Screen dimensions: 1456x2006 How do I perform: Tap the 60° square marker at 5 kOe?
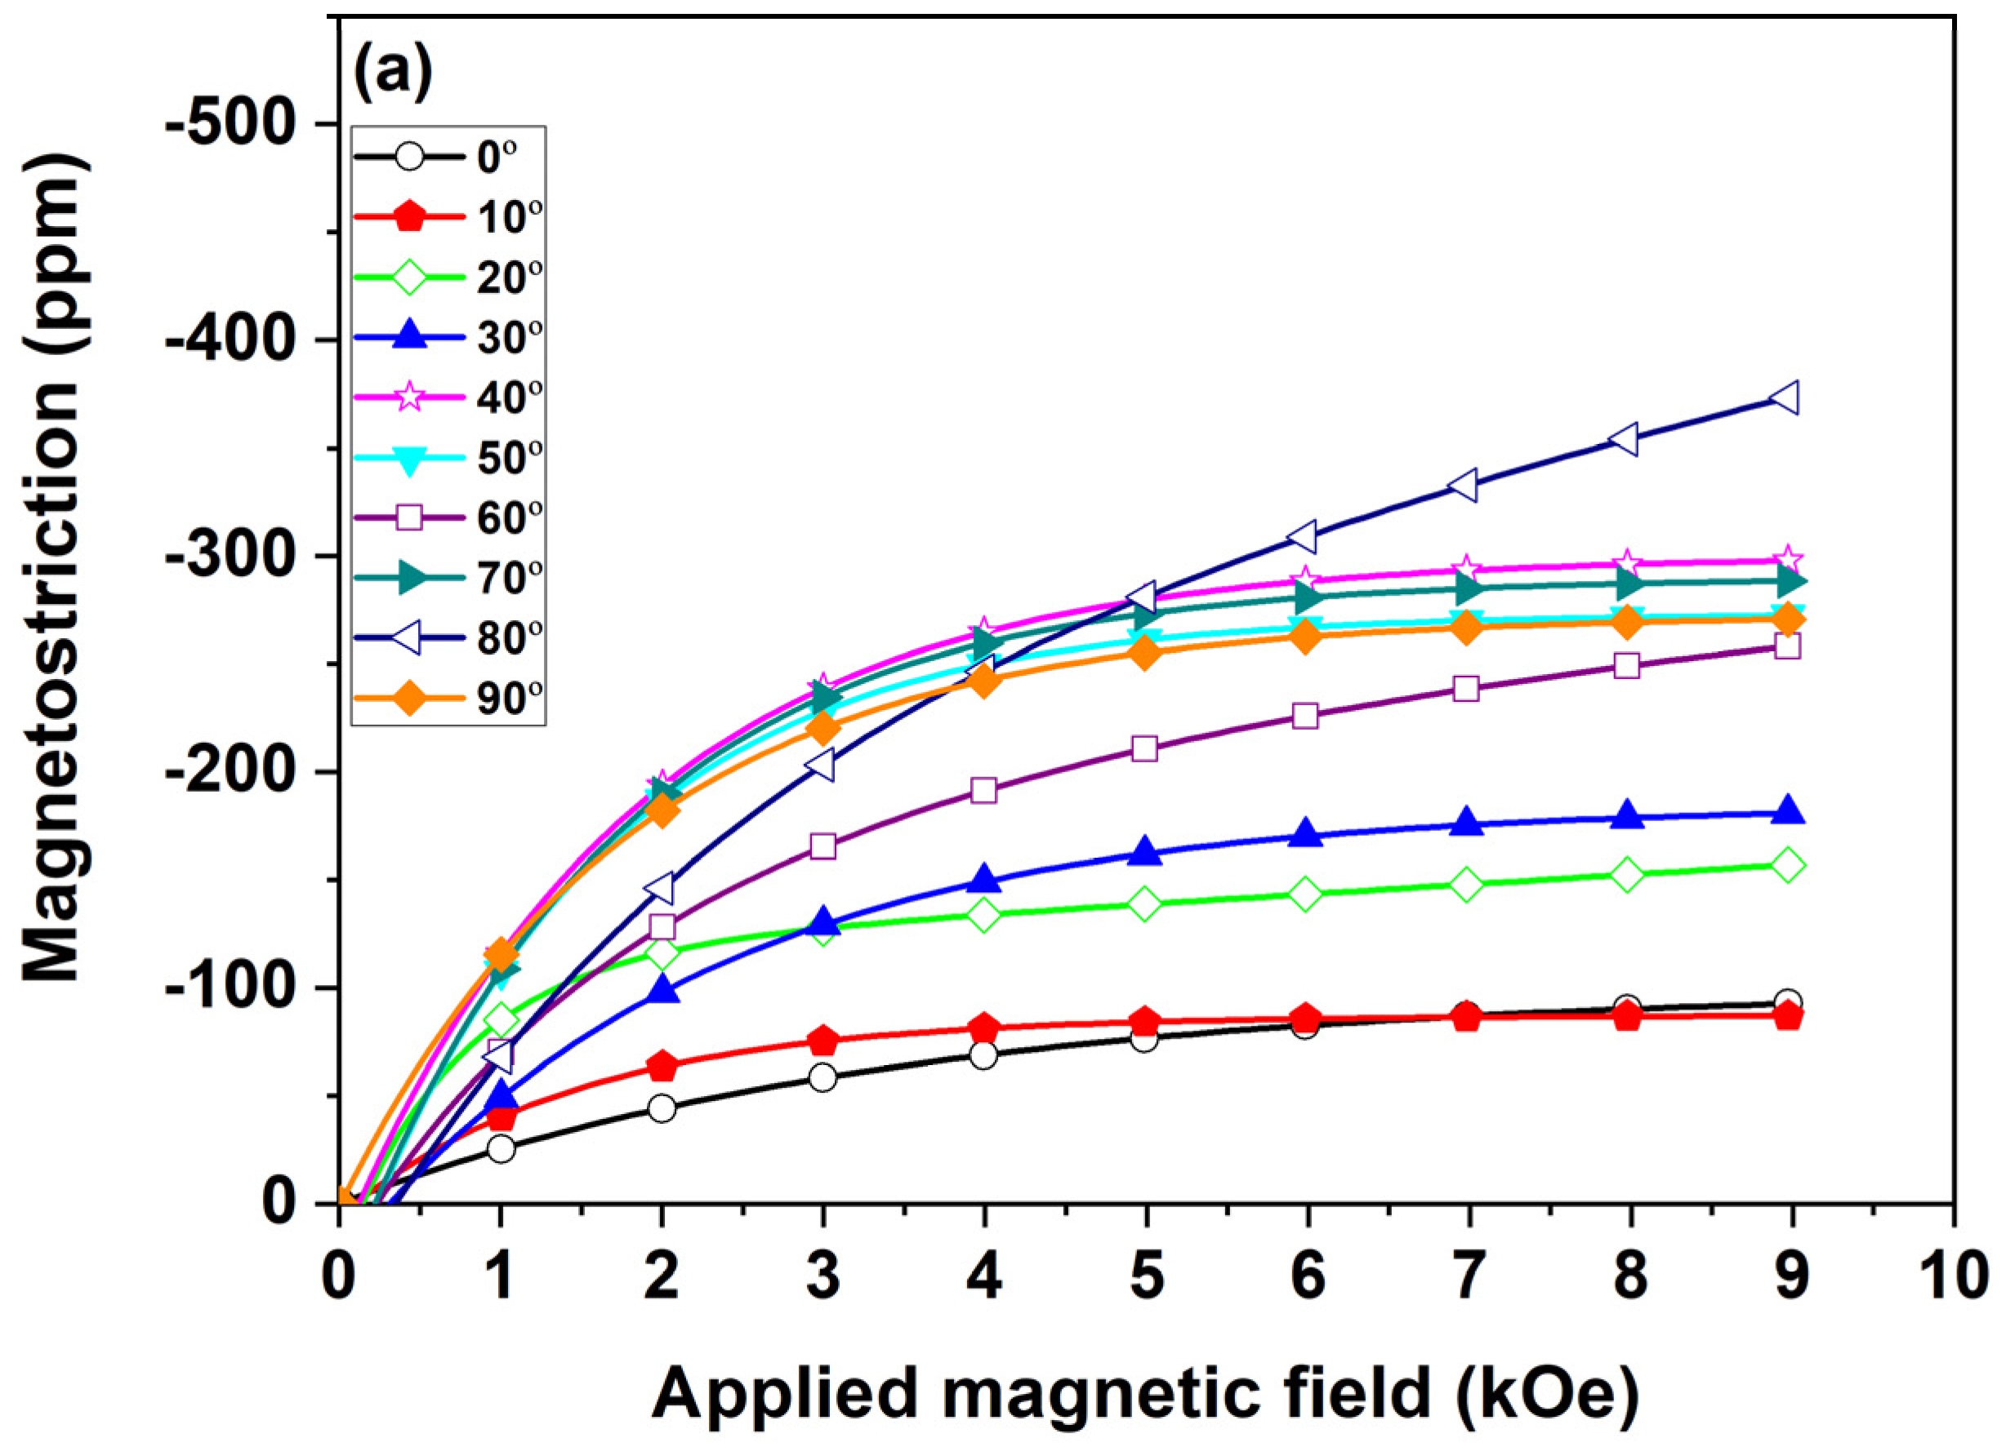[1144, 748]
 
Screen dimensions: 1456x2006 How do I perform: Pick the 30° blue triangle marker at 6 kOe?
[1305, 832]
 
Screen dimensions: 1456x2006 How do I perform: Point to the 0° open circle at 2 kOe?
[662, 1108]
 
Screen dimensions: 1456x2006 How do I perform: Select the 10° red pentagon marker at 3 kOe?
[822, 1041]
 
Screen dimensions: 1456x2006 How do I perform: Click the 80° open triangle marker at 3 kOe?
[821, 765]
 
